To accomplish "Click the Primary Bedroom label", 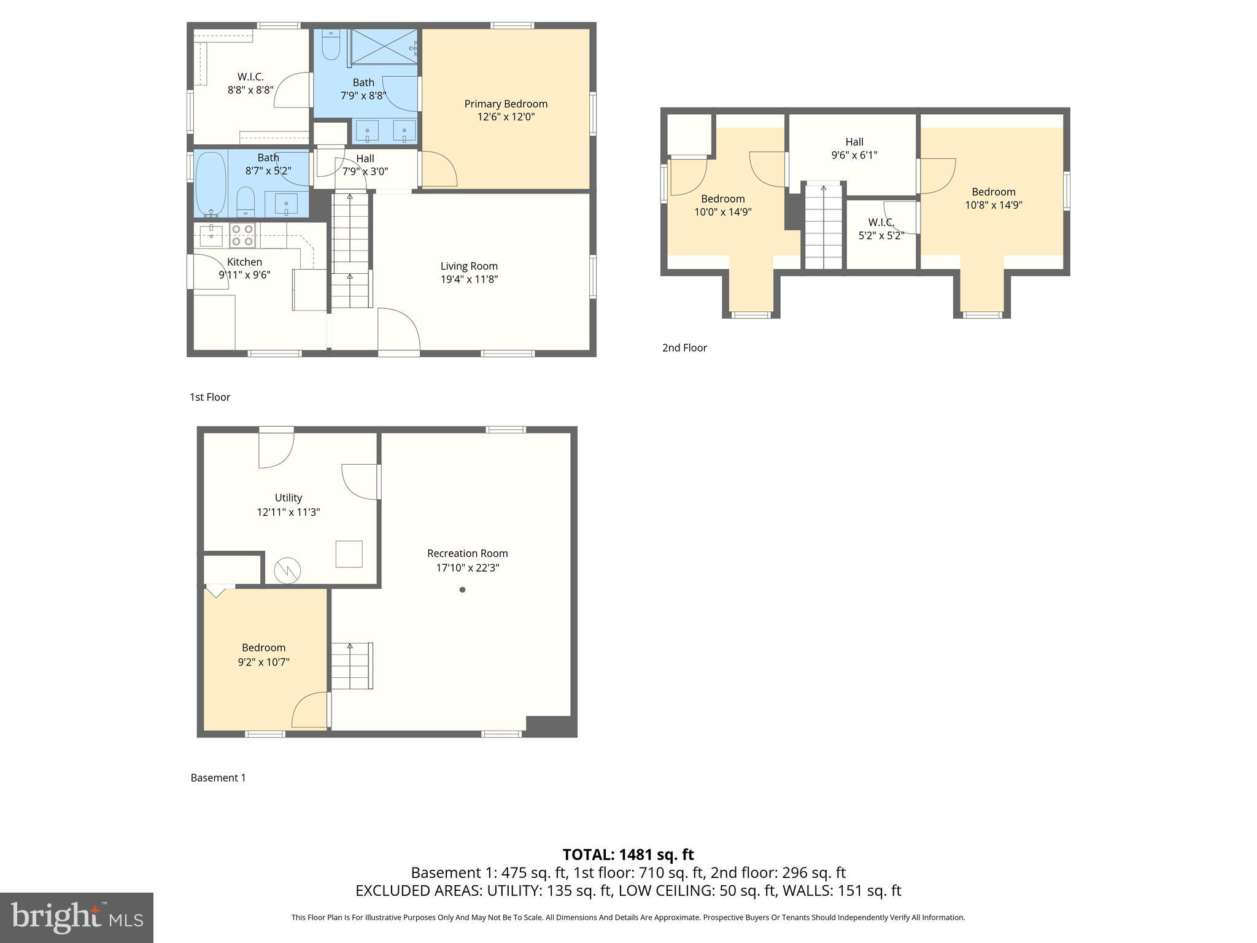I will click(506, 104).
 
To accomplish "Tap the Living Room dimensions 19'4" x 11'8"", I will click(469, 279).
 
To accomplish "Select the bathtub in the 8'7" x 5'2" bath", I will click(211, 184).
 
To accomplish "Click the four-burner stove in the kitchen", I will click(242, 235).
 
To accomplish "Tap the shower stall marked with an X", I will click(384, 46).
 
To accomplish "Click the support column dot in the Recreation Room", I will click(462, 589).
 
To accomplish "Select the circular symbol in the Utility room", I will click(287, 570).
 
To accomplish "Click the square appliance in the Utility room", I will click(349, 554).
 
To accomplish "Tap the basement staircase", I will click(352, 666).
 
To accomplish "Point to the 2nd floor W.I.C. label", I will click(881, 222).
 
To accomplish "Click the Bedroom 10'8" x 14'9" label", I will click(993, 192).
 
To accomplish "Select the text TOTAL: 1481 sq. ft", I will click(628, 855).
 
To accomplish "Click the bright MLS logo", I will click(77, 917).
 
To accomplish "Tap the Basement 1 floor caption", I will click(218, 778).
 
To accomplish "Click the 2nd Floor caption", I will click(684, 347).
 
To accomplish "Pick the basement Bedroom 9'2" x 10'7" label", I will click(263, 648).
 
